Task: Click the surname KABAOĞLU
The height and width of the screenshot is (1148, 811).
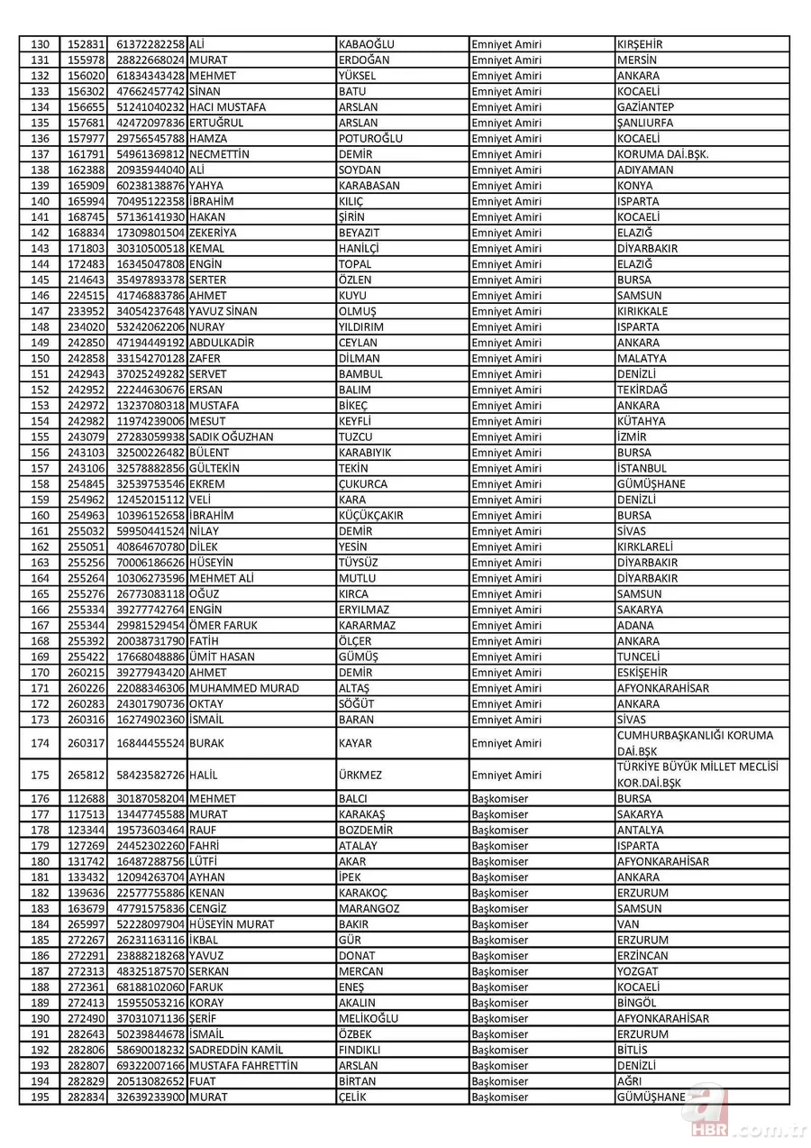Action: click(x=367, y=44)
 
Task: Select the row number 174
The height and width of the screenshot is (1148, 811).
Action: click(x=41, y=743)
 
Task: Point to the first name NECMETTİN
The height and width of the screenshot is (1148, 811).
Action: click(x=219, y=154)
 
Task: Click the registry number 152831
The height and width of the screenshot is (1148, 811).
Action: click(x=87, y=44)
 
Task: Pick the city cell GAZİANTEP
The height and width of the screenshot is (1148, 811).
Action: click(x=646, y=107)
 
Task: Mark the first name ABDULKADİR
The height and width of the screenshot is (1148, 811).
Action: click(x=223, y=343)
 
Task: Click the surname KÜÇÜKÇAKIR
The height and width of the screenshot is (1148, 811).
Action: click(x=370, y=516)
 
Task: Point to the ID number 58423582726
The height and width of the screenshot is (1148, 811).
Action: click(x=150, y=775)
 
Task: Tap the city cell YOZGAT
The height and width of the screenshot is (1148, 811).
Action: click(x=639, y=971)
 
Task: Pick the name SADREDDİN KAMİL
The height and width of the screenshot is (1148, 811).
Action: click(x=236, y=1050)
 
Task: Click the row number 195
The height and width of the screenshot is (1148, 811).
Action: click(x=41, y=1097)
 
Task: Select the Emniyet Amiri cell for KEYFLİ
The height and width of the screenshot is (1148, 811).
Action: click(x=506, y=421)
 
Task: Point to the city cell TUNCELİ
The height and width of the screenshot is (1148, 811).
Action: click(x=639, y=657)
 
